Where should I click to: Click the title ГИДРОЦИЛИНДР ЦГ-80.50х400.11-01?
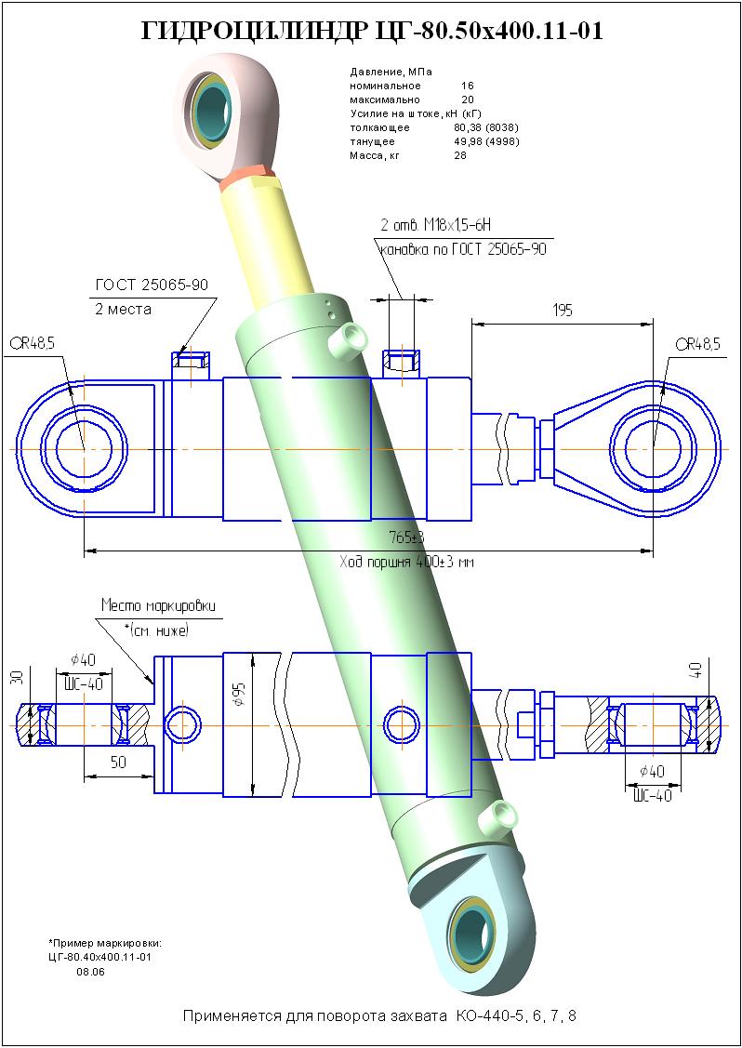click(x=372, y=31)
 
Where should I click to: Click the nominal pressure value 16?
click(x=468, y=86)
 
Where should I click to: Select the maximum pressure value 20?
click(x=468, y=99)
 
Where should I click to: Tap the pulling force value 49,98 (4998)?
click(x=485, y=141)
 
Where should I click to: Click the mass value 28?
click(x=460, y=155)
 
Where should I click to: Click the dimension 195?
click(x=562, y=311)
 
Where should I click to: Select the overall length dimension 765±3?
click(x=406, y=537)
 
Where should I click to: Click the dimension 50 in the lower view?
click(x=117, y=762)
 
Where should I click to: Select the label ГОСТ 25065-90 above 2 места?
click(x=152, y=285)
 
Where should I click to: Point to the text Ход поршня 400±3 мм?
click(x=406, y=563)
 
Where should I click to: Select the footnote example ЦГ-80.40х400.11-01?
click(x=99, y=956)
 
